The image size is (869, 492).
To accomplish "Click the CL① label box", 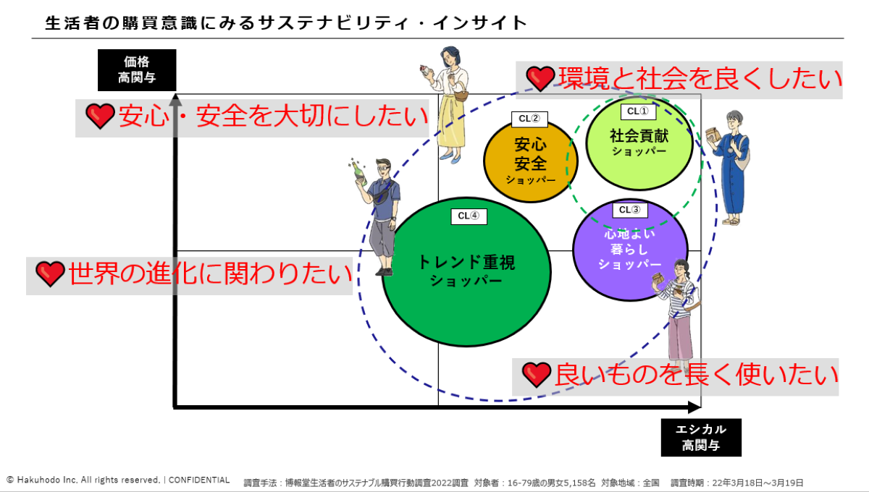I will click(x=638, y=111).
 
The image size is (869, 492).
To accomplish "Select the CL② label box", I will click(x=530, y=119).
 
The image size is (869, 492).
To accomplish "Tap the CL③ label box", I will click(x=629, y=210).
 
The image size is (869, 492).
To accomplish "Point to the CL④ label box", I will click(x=469, y=216).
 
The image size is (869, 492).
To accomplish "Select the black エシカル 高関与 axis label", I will click(x=701, y=437).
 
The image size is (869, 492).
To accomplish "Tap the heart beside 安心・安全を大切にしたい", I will click(x=100, y=116).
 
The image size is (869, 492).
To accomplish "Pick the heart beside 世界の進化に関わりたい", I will click(x=50, y=273).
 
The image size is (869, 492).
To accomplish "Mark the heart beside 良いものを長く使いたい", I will click(x=537, y=374).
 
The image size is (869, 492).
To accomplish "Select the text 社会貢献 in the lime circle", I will click(x=639, y=135).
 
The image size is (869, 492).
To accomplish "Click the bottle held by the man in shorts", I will click(x=358, y=171).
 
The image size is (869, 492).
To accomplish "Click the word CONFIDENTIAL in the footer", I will click(x=199, y=480).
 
